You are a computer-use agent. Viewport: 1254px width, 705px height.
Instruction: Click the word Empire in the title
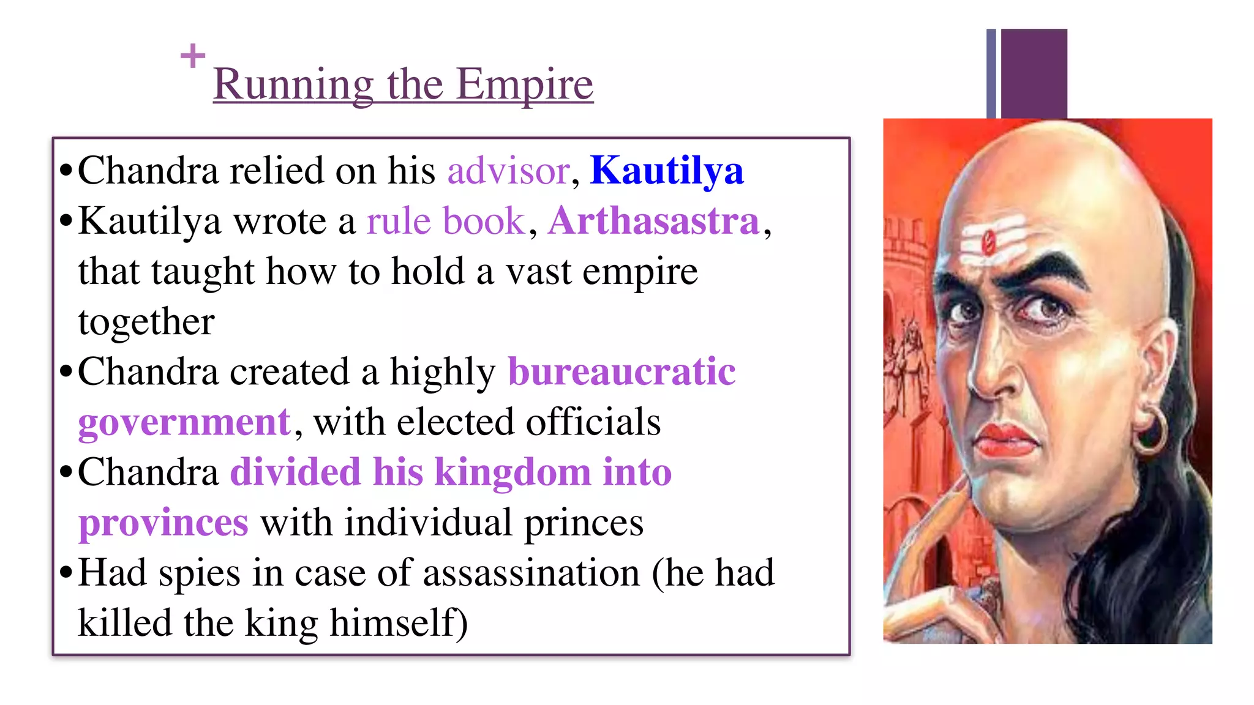pyautogui.click(x=524, y=84)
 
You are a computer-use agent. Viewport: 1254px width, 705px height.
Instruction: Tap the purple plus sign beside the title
pyautogui.click(x=193, y=56)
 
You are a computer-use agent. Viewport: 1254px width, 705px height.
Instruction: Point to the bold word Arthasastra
pyautogui.click(x=653, y=221)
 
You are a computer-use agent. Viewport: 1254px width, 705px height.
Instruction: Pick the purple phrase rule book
pyautogui.click(x=446, y=221)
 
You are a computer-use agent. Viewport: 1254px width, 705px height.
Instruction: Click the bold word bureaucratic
pyautogui.click(x=621, y=371)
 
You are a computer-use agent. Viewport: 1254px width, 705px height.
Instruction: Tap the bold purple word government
pyautogui.click(x=184, y=422)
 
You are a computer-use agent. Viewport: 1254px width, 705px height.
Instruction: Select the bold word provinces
pyautogui.click(x=163, y=523)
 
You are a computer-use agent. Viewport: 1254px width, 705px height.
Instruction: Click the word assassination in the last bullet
pyautogui.click(x=531, y=573)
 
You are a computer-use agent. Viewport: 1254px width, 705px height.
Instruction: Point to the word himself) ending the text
pyautogui.click(x=399, y=624)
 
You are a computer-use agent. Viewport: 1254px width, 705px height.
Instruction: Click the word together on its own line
pyautogui.click(x=146, y=322)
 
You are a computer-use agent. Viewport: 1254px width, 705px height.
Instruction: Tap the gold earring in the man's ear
pyautogui.click(x=1151, y=431)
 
